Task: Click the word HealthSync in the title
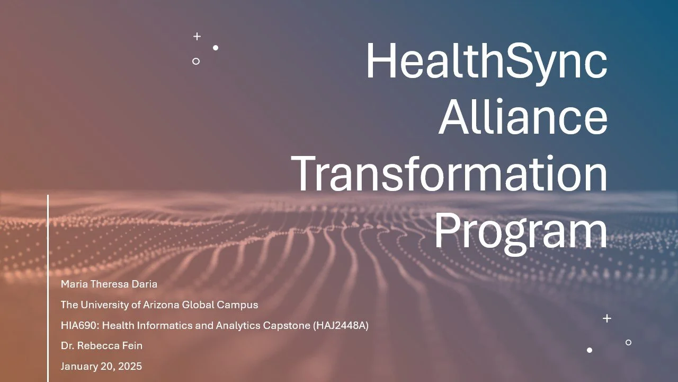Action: (x=486, y=61)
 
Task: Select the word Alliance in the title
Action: (x=523, y=118)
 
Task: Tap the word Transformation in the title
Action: (x=450, y=174)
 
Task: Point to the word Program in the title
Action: (x=521, y=230)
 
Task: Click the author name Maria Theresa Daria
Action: (x=109, y=284)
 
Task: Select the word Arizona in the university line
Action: (x=158, y=305)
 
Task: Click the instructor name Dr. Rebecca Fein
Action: (x=102, y=346)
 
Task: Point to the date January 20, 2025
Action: (x=101, y=366)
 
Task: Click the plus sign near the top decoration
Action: (x=197, y=36)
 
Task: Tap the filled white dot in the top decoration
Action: (x=216, y=48)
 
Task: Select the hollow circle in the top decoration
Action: (x=196, y=61)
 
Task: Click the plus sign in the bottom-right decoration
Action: (x=607, y=318)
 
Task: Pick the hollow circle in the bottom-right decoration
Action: (x=628, y=342)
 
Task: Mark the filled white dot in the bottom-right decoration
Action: (x=590, y=350)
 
